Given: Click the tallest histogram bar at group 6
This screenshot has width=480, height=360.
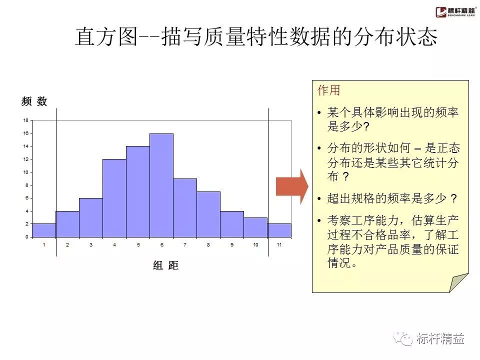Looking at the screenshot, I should [x=161, y=185].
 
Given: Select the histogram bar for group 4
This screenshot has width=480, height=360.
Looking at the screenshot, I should [x=114, y=198].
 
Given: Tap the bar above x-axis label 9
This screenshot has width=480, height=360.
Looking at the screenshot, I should [x=232, y=224].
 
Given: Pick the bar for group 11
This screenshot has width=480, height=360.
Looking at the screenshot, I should [x=279, y=230].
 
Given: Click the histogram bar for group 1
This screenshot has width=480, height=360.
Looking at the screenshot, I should [x=44, y=230].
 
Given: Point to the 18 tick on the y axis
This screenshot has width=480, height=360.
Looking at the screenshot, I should [x=25, y=120].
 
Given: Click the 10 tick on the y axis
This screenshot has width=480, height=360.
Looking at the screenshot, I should [x=25, y=172].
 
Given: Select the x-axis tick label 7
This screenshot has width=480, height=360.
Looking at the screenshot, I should [x=185, y=244].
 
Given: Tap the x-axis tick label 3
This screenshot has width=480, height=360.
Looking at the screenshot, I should [x=91, y=244].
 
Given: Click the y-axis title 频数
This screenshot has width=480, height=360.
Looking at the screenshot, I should [x=34, y=101].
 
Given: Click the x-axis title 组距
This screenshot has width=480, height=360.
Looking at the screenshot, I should [x=165, y=265].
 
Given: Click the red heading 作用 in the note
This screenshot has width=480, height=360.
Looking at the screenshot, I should [x=329, y=90].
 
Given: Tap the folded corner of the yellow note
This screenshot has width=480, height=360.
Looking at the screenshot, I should [x=458, y=283].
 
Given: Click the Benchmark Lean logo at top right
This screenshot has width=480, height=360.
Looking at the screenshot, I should [x=455, y=11].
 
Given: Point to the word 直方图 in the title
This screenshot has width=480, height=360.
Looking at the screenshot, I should [x=105, y=37].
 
